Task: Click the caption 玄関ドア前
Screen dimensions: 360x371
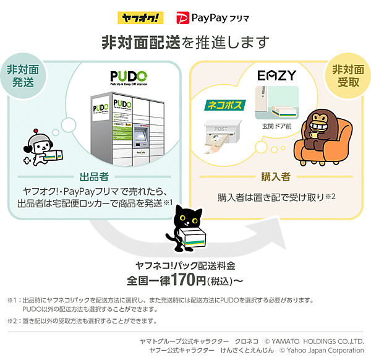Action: point(276,126)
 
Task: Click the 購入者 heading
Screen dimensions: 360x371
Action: point(277,176)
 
